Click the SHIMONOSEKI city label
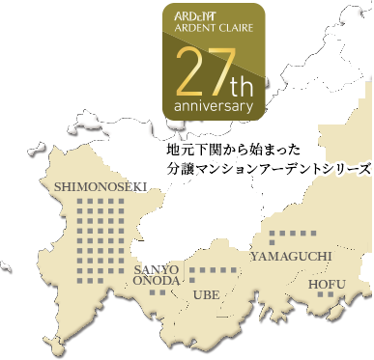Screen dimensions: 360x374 click(x=94, y=186)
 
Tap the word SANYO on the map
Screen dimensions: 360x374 click(x=156, y=267)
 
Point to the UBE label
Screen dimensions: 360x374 click(x=208, y=294)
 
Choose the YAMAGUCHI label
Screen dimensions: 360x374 click(x=291, y=256)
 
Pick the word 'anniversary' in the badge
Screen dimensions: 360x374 click(x=214, y=103)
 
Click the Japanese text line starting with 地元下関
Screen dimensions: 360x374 click(x=235, y=151)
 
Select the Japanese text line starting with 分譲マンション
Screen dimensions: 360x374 click(x=269, y=167)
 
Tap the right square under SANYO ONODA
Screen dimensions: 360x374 click(x=162, y=292)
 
